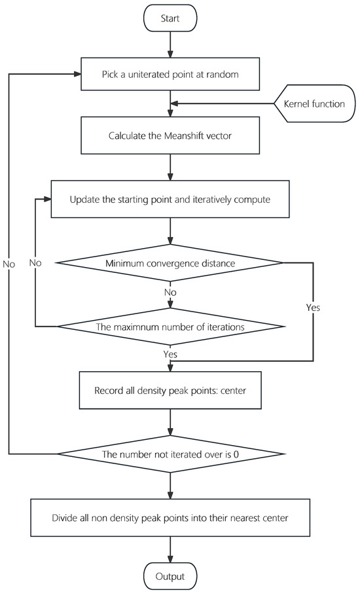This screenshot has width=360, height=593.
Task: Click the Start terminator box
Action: point(171,18)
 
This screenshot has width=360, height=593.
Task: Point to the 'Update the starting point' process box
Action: point(171,199)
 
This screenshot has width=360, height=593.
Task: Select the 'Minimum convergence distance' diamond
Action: point(171,263)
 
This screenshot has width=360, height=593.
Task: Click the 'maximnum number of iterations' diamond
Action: point(171,326)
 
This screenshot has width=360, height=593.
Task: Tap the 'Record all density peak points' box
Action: point(171,390)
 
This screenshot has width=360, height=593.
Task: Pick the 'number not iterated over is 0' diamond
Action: point(171,454)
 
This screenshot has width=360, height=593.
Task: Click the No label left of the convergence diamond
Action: point(35,262)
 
